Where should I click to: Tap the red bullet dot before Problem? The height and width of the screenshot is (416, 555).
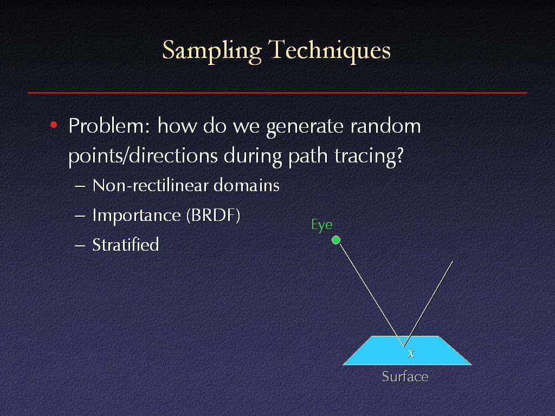point(54,125)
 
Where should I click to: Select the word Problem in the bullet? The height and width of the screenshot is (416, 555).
point(109,126)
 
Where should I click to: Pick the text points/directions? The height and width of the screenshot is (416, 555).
point(143,156)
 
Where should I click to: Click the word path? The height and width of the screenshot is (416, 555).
point(308,156)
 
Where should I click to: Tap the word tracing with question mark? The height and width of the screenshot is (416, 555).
point(369,156)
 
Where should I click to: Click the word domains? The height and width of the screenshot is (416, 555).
point(247,185)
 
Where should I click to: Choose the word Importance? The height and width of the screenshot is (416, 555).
point(136,216)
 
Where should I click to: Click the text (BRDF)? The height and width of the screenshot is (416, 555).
point(213,216)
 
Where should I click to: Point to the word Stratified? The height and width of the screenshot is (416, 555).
point(126,245)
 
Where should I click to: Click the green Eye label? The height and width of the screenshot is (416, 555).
point(322,225)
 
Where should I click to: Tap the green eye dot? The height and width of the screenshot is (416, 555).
point(336,240)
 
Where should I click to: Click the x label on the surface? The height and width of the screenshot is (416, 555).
point(411,353)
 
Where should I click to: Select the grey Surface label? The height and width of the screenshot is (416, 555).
point(405,376)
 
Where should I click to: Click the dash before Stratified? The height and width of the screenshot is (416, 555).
point(80,245)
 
